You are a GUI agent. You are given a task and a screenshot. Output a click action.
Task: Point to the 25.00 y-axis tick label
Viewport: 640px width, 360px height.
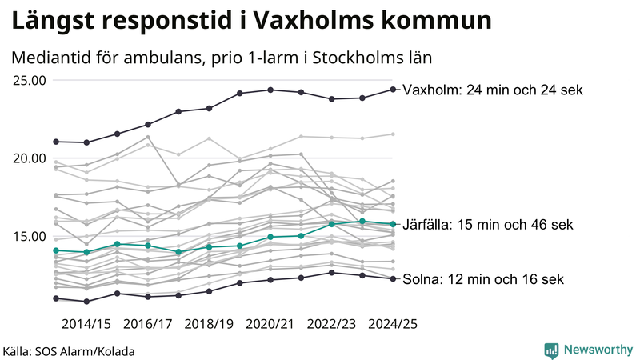[x=28, y=80]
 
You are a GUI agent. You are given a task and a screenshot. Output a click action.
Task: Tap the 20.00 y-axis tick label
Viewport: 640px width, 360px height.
[x=28, y=158]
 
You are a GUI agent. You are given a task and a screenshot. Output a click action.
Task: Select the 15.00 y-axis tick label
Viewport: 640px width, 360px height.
[x=28, y=236]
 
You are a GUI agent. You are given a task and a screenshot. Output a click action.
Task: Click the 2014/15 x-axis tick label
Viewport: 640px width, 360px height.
[x=86, y=324]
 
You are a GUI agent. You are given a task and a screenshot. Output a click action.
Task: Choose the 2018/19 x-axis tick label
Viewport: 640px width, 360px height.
[x=209, y=324]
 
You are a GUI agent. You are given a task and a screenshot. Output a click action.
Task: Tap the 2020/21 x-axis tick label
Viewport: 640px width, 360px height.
[x=270, y=324]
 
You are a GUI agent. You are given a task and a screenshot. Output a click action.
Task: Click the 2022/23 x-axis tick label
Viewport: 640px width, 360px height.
[x=332, y=324]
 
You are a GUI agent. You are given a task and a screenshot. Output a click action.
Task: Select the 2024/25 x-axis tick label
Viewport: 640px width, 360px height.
[x=392, y=324]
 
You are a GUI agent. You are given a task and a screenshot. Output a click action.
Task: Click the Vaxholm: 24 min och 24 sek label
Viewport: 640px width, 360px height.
[x=493, y=90]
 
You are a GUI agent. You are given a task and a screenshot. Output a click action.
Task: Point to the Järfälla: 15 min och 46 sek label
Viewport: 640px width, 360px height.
[x=488, y=225]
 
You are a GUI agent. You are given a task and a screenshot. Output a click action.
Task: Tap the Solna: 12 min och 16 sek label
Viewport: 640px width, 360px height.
[x=483, y=279]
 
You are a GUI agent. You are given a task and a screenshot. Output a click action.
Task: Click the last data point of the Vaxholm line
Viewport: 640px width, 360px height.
[x=393, y=90]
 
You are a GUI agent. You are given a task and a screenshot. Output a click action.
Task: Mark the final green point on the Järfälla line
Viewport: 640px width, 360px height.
[x=393, y=224]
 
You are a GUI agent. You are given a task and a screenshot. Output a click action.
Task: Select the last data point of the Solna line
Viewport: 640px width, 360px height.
[x=393, y=278]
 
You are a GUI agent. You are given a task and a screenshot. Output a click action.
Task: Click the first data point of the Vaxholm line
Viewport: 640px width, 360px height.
[x=56, y=142]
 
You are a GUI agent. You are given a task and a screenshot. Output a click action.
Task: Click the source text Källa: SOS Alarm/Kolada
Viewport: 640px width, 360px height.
[x=69, y=351]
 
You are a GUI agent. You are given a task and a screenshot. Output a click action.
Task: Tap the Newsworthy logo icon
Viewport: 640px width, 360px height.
[x=551, y=350]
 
